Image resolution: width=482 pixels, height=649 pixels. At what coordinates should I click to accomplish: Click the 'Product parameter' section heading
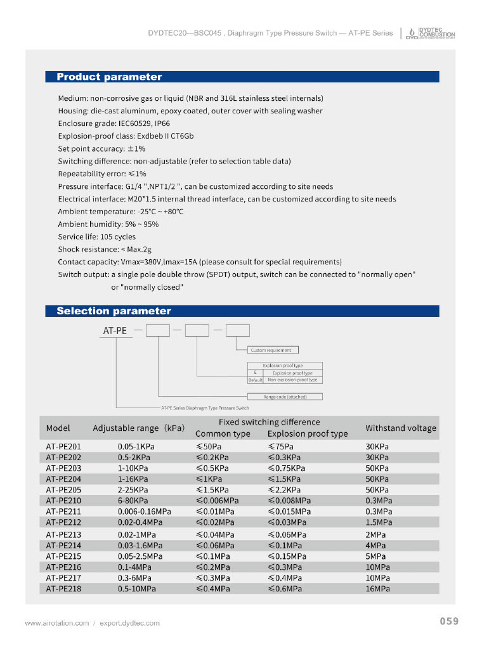(109, 77)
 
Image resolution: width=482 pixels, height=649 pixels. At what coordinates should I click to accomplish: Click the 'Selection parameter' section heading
(114, 311)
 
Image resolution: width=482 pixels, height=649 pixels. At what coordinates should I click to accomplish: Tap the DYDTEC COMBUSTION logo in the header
(431, 33)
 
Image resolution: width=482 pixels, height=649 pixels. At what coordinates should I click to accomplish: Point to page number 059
(449, 621)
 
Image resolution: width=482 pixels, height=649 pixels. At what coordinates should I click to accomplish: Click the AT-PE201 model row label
(63, 446)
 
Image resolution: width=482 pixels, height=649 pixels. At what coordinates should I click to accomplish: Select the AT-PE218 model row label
(63, 589)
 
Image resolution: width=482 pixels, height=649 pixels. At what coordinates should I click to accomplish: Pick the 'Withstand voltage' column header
(401, 428)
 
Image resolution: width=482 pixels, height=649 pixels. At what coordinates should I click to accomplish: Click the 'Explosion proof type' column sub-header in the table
(308, 434)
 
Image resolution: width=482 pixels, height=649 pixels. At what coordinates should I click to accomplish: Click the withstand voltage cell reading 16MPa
(377, 589)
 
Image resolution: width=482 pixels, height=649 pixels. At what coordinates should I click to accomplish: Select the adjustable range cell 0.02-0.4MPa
(141, 522)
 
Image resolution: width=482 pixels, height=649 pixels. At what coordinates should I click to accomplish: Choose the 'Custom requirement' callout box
(271, 350)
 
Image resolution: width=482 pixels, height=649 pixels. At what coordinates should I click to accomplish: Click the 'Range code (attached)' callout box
(285, 397)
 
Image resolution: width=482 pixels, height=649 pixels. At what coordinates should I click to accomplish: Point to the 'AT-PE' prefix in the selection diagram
(115, 330)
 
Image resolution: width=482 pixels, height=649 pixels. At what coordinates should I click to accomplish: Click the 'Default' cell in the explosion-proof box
(255, 380)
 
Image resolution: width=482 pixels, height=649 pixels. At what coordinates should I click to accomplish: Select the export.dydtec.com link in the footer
(129, 623)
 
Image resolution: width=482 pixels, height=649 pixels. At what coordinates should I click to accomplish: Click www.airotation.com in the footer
(56, 623)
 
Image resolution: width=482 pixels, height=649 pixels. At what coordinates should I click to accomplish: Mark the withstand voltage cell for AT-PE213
(375, 534)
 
